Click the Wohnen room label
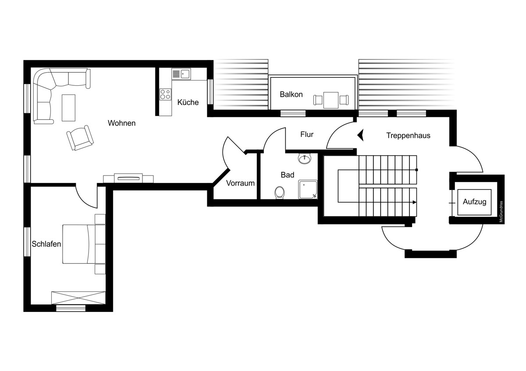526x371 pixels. (x=122, y=123)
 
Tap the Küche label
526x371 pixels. (x=188, y=102)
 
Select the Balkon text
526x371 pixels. (x=291, y=94)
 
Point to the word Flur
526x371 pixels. (x=307, y=134)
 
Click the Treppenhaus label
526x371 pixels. (x=409, y=136)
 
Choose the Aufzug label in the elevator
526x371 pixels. (x=475, y=202)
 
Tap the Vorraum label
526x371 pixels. (x=241, y=183)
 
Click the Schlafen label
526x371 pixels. (x=46, y=244)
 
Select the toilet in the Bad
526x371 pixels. (x=280, y=192)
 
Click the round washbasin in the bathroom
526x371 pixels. (x=305, y=159)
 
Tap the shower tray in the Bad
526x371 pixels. (x=308, y=189)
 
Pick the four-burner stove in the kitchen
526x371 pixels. (x=165, y=94)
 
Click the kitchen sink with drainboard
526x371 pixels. (x=181, y=74)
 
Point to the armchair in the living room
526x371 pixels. (x=80, y=138)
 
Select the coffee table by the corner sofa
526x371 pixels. (x=68, y=108)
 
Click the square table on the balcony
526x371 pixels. (x=331, y=100)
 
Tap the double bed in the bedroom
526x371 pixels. (x=84, y=244)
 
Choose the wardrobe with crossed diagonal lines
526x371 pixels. (x=78, y=298)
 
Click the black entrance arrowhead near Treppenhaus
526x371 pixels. (x=361, y=135)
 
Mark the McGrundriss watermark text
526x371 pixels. (x=501, y=212)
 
